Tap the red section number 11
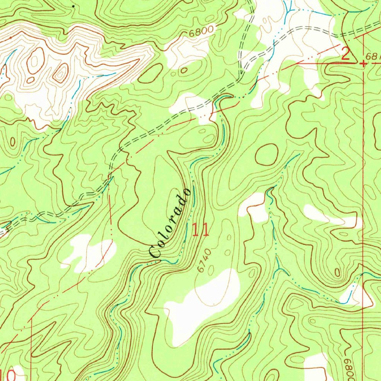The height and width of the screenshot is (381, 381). tap(201, 230)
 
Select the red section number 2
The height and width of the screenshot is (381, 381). tap(346, 55)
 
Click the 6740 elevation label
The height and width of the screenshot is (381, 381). tap(204, 260)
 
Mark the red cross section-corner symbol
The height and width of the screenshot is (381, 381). tap(363, 64)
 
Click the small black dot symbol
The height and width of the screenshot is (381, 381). tap(73, 6)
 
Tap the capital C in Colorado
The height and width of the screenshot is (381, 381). tap(155, 252)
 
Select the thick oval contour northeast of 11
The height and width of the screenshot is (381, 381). tap(266, 154)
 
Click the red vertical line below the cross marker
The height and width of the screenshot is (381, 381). tap(363, 149)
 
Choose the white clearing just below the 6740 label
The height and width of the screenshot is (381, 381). tap(203, 301)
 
